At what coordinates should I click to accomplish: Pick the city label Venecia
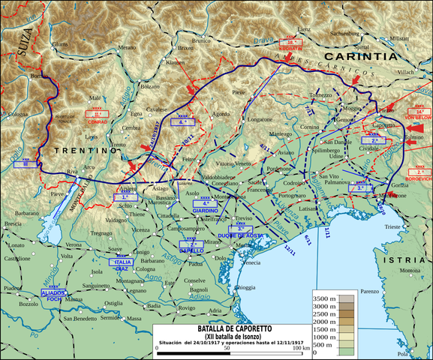click(x=251, y=262)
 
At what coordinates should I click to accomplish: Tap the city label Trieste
click(x=393, y=226)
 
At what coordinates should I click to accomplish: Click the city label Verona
click(x=74, y=245)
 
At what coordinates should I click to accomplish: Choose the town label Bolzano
click(x=152, y=86)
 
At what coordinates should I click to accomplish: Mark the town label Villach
click(x=405, y=73)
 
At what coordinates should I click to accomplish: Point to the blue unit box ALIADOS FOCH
click(x=54, y=293)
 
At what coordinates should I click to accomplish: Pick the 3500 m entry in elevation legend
click(x=323, y=299)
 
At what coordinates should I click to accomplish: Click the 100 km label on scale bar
click(x=300, y=348)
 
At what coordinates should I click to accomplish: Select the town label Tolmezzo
click(x=320, y=95)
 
